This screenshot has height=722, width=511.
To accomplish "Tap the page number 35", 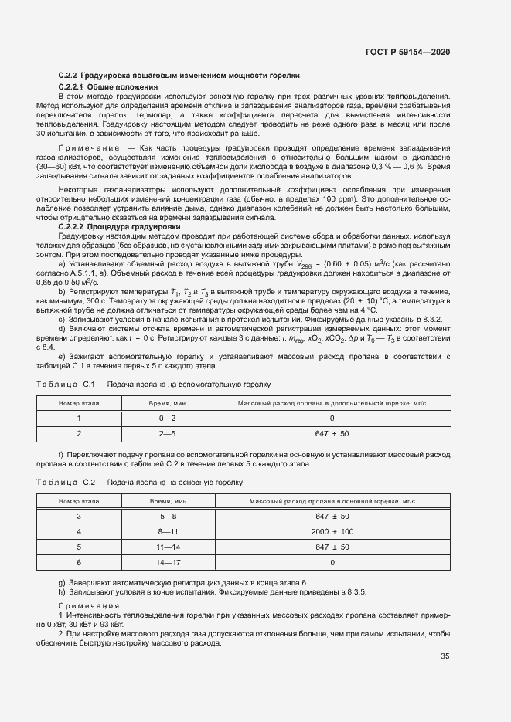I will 445,656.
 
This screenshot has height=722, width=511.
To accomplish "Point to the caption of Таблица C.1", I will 153,383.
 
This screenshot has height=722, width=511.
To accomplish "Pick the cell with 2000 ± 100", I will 332,532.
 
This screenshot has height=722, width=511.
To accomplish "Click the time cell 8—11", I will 168,532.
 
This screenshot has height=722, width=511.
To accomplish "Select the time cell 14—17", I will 168,563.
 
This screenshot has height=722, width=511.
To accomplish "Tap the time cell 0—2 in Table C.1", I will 168,418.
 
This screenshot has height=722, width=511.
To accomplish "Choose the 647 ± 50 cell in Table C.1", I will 332,433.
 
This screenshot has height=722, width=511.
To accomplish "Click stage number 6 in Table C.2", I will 79,563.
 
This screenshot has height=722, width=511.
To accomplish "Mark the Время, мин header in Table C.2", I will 168,502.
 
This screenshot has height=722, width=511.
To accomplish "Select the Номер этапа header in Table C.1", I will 79,403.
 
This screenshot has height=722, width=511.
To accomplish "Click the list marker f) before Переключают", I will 61,455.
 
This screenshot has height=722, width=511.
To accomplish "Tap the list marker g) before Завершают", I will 61,581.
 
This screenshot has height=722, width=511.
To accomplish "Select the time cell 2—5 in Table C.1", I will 168,433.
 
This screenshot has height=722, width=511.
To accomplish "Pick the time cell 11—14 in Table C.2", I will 168,547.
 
